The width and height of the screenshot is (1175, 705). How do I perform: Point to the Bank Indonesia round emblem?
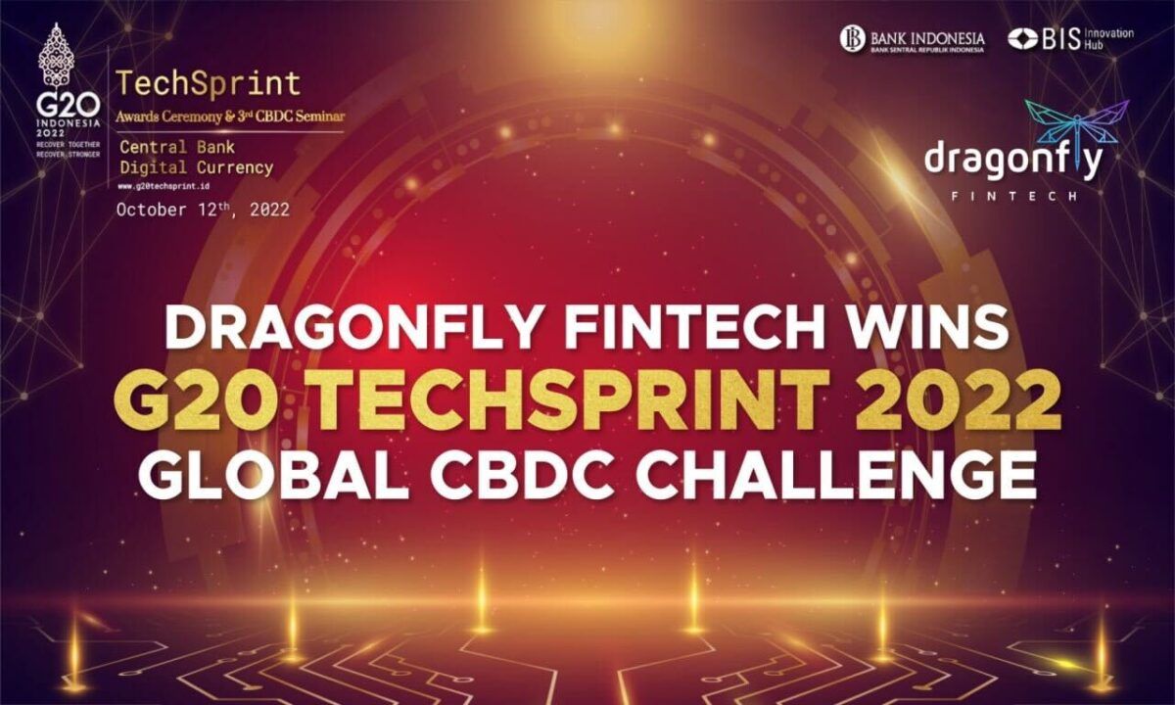point(853,38)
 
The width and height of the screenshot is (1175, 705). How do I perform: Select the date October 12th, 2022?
point(203,209)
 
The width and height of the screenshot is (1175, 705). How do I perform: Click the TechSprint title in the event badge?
point(209,82)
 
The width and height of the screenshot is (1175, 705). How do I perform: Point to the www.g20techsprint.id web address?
point(164,185)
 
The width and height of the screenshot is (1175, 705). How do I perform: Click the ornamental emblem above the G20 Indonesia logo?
point(56,57)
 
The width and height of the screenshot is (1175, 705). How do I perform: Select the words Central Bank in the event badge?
point(178,147)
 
